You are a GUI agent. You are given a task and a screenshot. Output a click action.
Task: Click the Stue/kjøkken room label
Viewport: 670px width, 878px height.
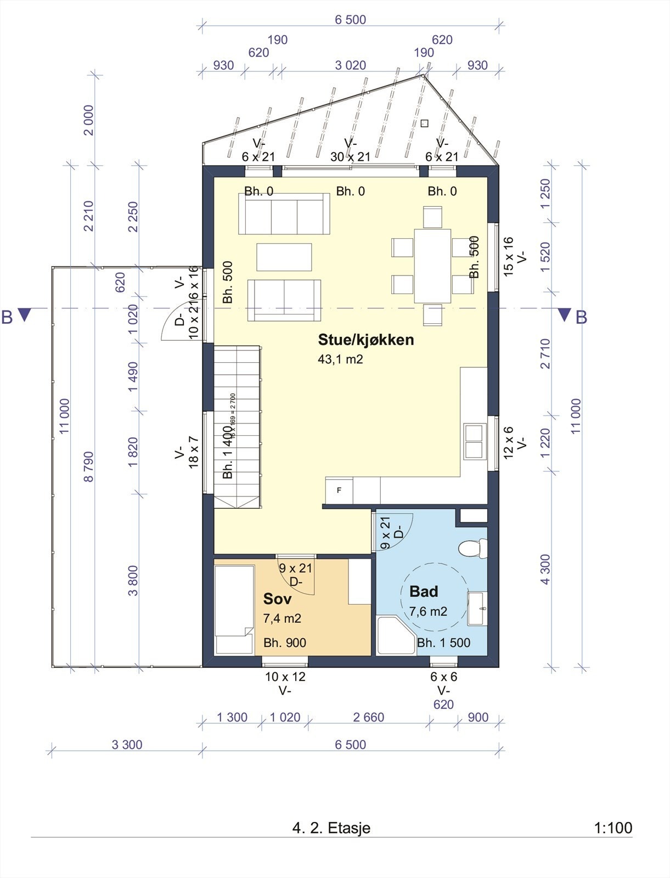pos(365,340)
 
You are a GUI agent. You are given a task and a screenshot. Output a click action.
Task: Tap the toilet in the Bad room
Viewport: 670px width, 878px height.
pos(474,548)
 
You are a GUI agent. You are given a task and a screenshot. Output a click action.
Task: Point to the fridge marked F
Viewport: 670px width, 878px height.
pos(339,491)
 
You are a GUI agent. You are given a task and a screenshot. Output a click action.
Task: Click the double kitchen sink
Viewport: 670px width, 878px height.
pos(474,441)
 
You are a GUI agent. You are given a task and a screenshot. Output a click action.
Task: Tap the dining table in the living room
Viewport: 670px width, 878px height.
pos(432,266)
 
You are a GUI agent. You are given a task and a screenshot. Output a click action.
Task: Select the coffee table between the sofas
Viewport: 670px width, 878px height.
pos(284,257)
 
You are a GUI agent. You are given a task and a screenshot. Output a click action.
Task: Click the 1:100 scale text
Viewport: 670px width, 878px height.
pos(613,828)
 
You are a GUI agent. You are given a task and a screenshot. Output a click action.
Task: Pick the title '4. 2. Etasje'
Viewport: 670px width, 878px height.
pos(331,828)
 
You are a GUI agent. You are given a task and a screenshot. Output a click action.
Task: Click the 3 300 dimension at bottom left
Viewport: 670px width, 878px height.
pos(127,745)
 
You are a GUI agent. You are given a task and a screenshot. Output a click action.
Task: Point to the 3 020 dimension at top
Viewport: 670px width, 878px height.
pos(350,65)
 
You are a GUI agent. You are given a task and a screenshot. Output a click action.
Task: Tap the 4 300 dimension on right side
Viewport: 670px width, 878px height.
pos(545,569)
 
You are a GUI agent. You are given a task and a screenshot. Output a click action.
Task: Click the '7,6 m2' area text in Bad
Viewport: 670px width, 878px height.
pos(428,611)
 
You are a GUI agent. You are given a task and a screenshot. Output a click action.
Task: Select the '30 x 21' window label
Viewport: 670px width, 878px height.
pos(350,157)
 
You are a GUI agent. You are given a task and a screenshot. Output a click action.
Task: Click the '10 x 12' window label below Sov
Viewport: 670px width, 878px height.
pos(285,677)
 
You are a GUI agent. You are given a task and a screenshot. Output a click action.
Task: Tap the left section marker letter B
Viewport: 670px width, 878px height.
pos(7,317)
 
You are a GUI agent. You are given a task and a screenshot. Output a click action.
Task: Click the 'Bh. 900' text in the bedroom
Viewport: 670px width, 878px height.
pos(284,643)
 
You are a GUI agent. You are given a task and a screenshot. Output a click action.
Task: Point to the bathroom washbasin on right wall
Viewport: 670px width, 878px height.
pos(477,608)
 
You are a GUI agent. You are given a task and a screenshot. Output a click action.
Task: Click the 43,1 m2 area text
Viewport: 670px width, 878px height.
pos(340,359)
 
